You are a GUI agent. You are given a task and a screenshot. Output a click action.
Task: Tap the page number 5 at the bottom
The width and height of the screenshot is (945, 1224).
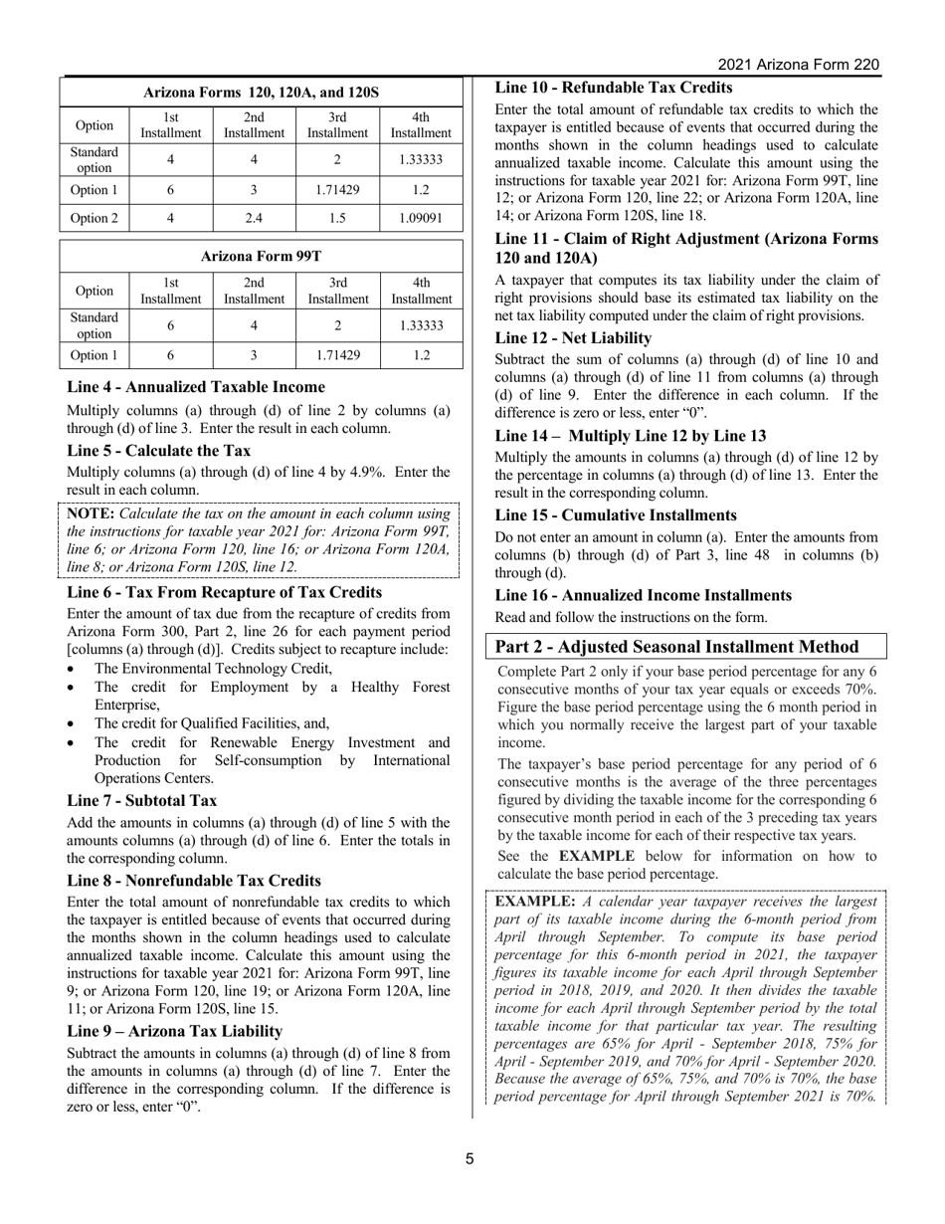472,1158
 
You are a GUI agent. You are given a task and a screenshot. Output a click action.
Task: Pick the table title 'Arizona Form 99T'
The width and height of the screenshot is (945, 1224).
261,256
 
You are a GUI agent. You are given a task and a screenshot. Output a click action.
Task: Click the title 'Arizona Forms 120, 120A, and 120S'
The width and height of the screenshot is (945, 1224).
261,92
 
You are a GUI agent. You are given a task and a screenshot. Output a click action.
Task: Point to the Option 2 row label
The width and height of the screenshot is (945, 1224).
94,218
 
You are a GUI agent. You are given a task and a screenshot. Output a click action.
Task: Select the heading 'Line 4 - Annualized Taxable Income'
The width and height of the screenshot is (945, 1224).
196,387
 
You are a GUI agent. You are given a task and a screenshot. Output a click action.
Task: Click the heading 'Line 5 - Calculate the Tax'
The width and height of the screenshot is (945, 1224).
159,451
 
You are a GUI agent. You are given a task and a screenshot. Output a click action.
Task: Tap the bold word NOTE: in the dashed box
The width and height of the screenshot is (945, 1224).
91,514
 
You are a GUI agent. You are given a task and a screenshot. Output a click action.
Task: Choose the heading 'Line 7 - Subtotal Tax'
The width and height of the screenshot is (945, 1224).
142,801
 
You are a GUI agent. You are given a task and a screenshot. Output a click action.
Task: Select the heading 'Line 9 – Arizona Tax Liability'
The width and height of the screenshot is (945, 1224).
174,1031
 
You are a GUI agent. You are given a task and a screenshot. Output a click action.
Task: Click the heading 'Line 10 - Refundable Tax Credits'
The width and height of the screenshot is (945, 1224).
614,88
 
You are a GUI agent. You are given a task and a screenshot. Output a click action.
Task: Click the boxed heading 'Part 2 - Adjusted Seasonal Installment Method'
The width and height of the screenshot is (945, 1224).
677,647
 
